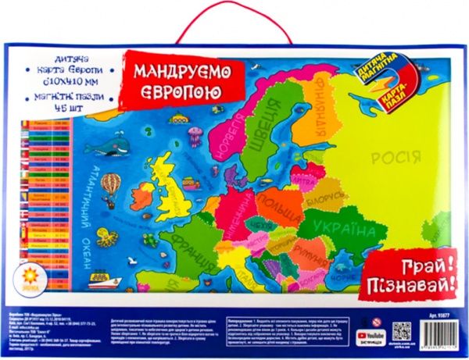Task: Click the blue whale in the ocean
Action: tap(117, 146)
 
